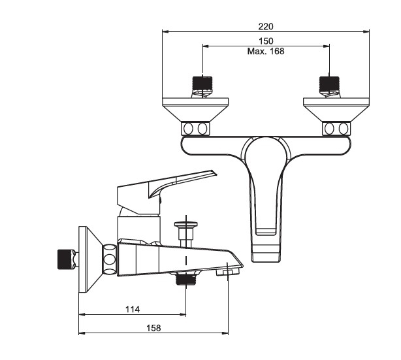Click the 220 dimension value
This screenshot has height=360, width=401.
266,27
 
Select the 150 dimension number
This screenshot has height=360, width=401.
266,41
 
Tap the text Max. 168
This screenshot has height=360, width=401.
266,51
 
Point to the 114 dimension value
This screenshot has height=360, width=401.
133,309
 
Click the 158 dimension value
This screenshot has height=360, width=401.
153,328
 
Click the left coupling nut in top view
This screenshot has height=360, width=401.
195,129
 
